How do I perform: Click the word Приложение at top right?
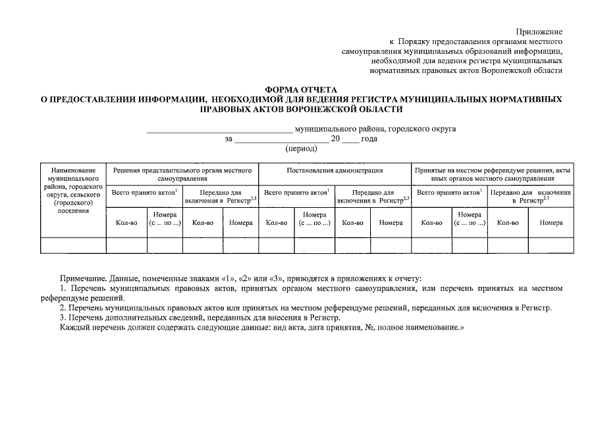point(539,32)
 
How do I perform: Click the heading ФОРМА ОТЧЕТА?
point(300,89)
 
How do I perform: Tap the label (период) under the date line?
point(301,149)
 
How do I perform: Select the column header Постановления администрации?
point(335,171)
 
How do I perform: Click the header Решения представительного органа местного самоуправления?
point(182,174)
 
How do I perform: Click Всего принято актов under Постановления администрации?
point(296,193)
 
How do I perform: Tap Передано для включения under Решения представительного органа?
point(221,197)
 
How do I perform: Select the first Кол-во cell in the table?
point(126,223)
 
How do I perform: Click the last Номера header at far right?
point(551,223)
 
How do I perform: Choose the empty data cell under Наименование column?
point(73,245)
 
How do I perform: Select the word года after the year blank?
point(369,139)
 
